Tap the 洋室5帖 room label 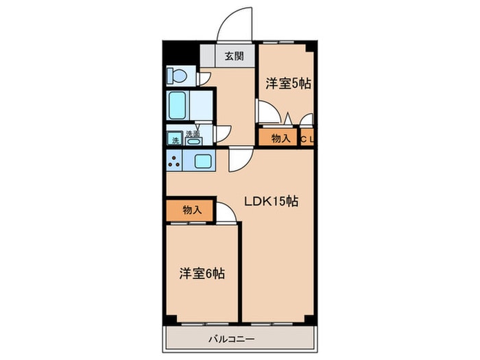coord(289,84)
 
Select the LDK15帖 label coord(271,202)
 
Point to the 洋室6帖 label coord(202,273)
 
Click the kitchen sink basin coord(204,162)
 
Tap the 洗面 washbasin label coord(193,134)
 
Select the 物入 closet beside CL coord(280,138)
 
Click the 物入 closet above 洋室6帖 coord(191,211)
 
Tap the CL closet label coord(308,139)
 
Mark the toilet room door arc coord(204,77)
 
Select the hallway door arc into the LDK coord(239,160)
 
